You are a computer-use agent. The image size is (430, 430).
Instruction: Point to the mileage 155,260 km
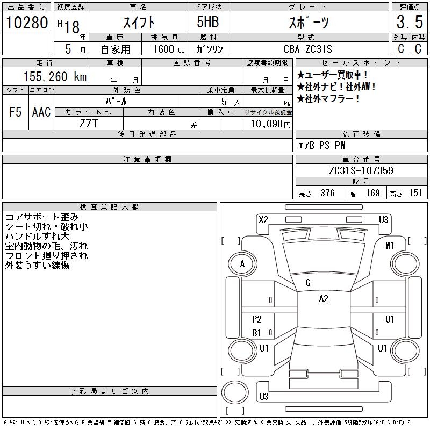[55, 77]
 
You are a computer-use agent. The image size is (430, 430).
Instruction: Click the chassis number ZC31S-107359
[361, 171]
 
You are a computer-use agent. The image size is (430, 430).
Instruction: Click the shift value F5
[16, 112]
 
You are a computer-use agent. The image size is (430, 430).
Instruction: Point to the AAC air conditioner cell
[41, 112]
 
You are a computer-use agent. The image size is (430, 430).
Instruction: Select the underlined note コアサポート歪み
[42, 217]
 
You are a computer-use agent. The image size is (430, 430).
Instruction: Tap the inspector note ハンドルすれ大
[38, 236]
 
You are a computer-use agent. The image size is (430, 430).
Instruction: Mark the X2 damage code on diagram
[263, 219]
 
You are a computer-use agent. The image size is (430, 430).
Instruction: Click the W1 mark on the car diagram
[390, 246]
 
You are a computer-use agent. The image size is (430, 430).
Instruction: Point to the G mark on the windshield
[308, 283]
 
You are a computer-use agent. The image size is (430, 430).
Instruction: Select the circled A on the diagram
[242, 264]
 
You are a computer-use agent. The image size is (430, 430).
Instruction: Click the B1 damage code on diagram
[257, 333]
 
